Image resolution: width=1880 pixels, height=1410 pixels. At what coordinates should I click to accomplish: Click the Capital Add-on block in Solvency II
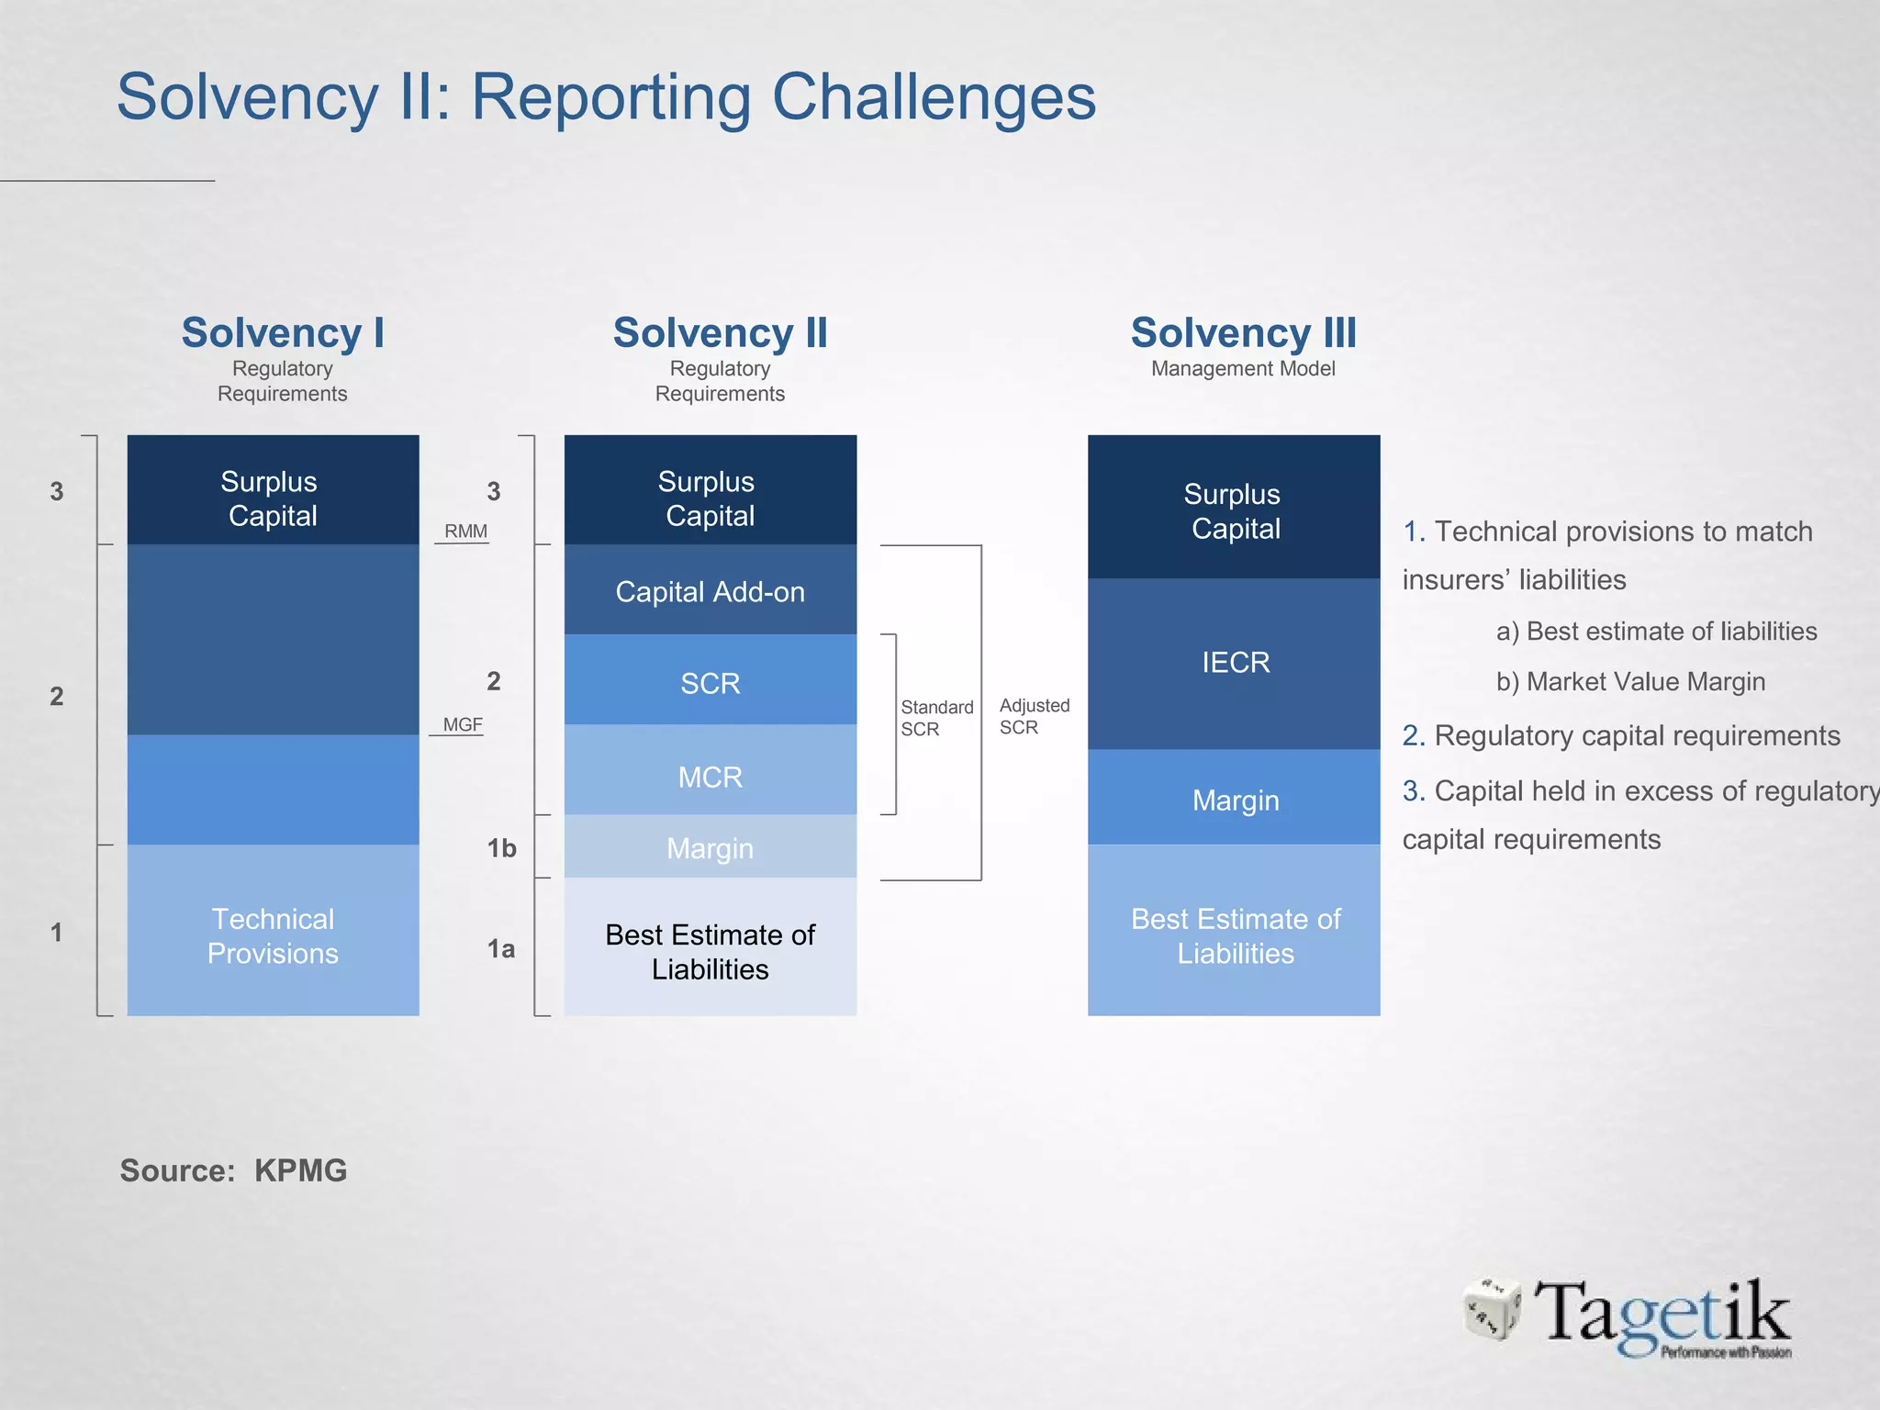pyautogui.click(x=710, y=591)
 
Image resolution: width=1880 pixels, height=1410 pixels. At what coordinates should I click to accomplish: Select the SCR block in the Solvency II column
pyautogui.click(x=710, y=682)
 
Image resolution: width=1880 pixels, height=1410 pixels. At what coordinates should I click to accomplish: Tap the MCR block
pyautogui.click(x=710, y=776)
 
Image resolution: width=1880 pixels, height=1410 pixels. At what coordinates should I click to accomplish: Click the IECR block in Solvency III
pyautogui.click(x=1235, y=662)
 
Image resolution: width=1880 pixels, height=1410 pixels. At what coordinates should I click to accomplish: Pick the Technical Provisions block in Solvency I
pyautogui.click(x=273, y=934)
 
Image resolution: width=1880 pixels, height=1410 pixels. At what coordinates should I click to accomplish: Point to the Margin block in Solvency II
pyautogui.click(x=710, y=847)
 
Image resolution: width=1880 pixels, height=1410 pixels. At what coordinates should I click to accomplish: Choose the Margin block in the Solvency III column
pyautogui.click(x=1235, y=800)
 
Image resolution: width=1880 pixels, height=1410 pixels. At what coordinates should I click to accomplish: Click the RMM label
pyautogui.click(x=465, y=532)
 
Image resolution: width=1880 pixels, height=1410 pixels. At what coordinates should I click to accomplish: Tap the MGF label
pyautogui.click(x=462, y=724)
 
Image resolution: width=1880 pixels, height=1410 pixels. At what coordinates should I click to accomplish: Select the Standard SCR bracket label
pyautogui.click(x=935, y=718)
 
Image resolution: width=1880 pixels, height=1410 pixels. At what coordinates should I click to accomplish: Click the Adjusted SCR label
pyautogui.click(x=1034, y=716)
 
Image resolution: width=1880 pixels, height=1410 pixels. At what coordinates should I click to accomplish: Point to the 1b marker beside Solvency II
pyautogui.click(x=501, y=848)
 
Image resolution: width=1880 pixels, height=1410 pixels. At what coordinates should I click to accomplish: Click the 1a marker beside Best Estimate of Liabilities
pyautogui.click(x=500, y=948)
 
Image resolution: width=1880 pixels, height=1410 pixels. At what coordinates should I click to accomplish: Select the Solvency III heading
pyautogui.click(x=1243, y=332)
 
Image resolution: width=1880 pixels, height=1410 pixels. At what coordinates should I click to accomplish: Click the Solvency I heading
pyautogui.click(x=282, y=332)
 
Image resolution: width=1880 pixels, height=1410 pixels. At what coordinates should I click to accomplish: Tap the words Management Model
pyautogui.click(x=1243, y=369)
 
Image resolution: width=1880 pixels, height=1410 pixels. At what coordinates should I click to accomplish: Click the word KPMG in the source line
pyautogui.click(x=300, y=1170)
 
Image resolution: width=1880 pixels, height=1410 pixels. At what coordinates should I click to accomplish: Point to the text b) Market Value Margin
pyautogui.click(x=1630, y=682)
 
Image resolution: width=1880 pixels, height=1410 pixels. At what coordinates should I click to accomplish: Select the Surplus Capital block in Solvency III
pyautogui.click(x=1235, y=510)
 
